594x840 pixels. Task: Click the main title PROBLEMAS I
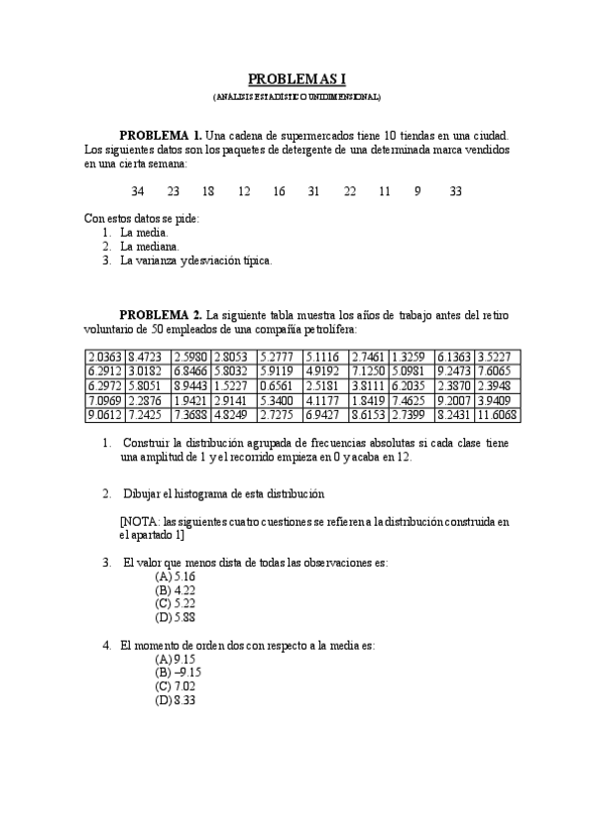point(297,78)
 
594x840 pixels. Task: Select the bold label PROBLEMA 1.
point(161,134)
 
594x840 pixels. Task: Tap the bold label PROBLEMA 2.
point(161,315)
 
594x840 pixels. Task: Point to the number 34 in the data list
point(138,191)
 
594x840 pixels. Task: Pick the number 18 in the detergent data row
point(208,191)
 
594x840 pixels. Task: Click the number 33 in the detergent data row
point(455,191)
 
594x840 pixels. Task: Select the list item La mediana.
point(149,246)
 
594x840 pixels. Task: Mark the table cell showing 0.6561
point(274,386)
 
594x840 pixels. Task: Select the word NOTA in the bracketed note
point(139,520)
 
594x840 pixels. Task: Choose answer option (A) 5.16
point(176,577)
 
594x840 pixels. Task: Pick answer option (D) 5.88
point(176,617)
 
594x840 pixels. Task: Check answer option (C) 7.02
point(176,686)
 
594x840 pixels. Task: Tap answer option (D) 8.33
point(176,700)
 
